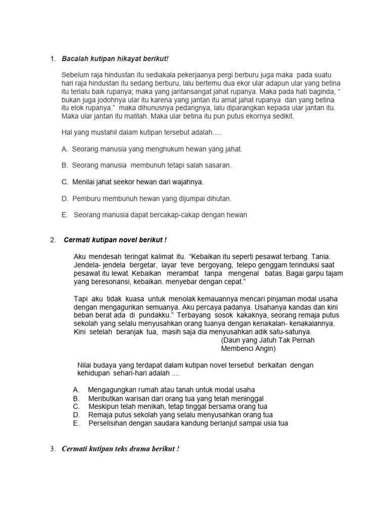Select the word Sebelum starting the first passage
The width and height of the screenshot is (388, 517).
[x=75, y=75]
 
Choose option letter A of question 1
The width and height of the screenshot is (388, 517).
[x=65, y=149]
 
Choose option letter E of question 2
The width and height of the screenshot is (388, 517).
[x=76, y=423]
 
